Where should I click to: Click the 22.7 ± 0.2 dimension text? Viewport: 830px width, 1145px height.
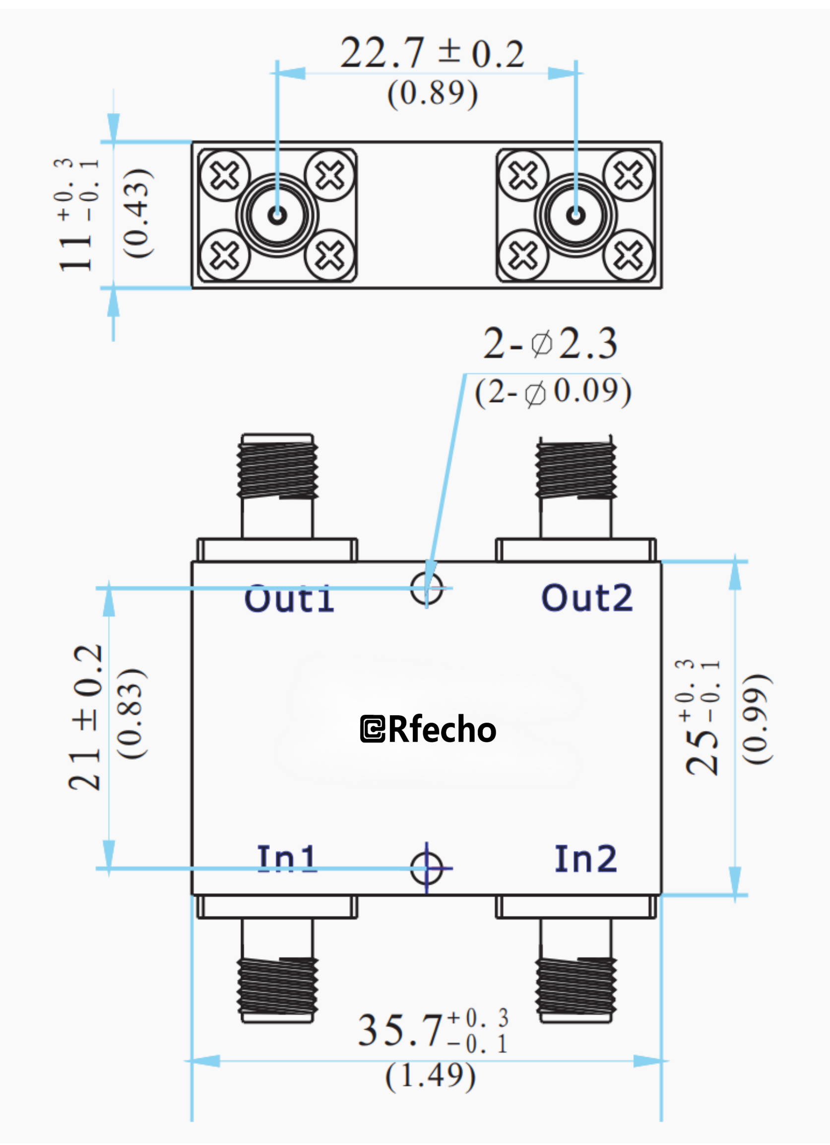[433, 53]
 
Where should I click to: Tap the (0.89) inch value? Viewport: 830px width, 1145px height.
[433, 93]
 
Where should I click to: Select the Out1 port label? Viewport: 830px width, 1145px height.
[289, 599]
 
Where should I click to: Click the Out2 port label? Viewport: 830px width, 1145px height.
[586, 598]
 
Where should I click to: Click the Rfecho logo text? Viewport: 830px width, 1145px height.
[428, 730]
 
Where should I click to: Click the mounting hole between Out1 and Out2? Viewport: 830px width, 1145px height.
[426, 588]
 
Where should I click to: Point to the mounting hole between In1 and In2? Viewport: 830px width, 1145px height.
[426, 868]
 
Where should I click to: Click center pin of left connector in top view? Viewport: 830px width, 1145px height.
[277, 216]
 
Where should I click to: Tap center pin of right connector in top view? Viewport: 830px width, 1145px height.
[575, 216]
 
